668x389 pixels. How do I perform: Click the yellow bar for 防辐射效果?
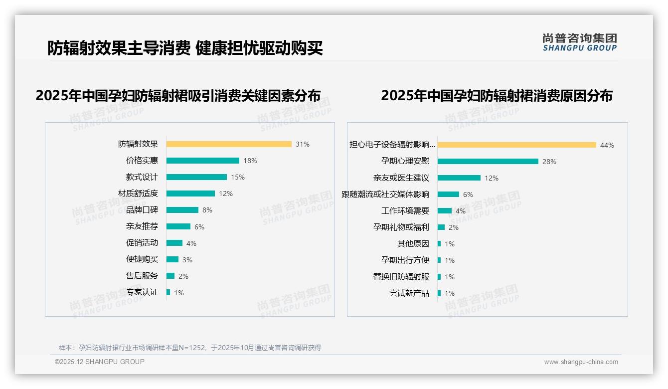point(229,144)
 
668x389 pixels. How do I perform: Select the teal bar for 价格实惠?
point(203,161)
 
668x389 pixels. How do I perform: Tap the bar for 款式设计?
point(196,177)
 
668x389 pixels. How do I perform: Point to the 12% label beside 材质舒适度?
point(226,194)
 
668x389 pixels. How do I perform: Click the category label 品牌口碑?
point(142,210)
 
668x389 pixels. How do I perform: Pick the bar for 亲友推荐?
point(178,226)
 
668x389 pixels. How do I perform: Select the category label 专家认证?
point(142,292)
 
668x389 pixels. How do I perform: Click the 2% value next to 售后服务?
point(183,276)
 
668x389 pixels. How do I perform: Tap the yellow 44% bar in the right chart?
point(517,145)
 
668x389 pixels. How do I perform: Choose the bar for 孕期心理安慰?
point(488,162)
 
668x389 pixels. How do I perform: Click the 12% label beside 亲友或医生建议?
point(492,178)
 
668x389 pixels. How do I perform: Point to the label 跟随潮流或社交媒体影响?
point(385,194)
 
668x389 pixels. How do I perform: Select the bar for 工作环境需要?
point(445,211)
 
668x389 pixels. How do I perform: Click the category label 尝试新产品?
point(409,293)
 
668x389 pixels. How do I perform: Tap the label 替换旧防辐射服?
point(401,277)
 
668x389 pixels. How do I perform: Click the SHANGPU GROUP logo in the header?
point(580,42)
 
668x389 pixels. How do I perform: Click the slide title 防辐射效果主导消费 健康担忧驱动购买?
point(185,48)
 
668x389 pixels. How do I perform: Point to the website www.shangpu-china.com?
point(581,362)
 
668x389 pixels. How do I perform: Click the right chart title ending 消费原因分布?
point(497,95)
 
